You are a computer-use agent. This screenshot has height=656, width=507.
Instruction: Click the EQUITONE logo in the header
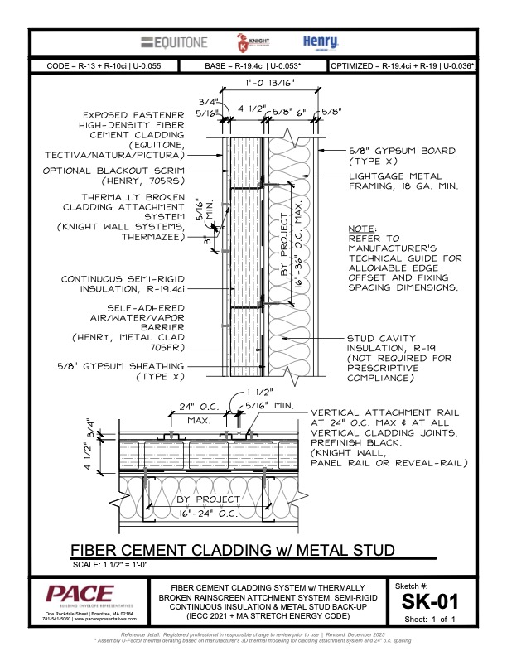point(174,42)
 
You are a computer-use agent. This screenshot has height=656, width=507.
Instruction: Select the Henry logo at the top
point(317,42)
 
